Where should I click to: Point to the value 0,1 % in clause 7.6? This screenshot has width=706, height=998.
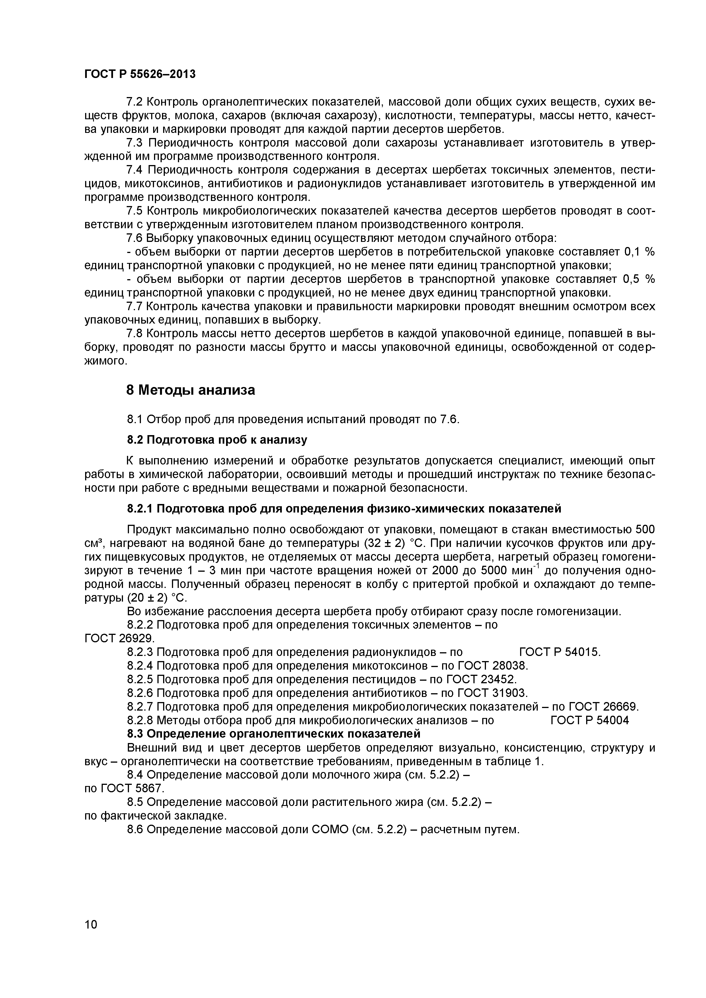coord(639,252)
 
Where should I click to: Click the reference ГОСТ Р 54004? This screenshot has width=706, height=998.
coord(589,720)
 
